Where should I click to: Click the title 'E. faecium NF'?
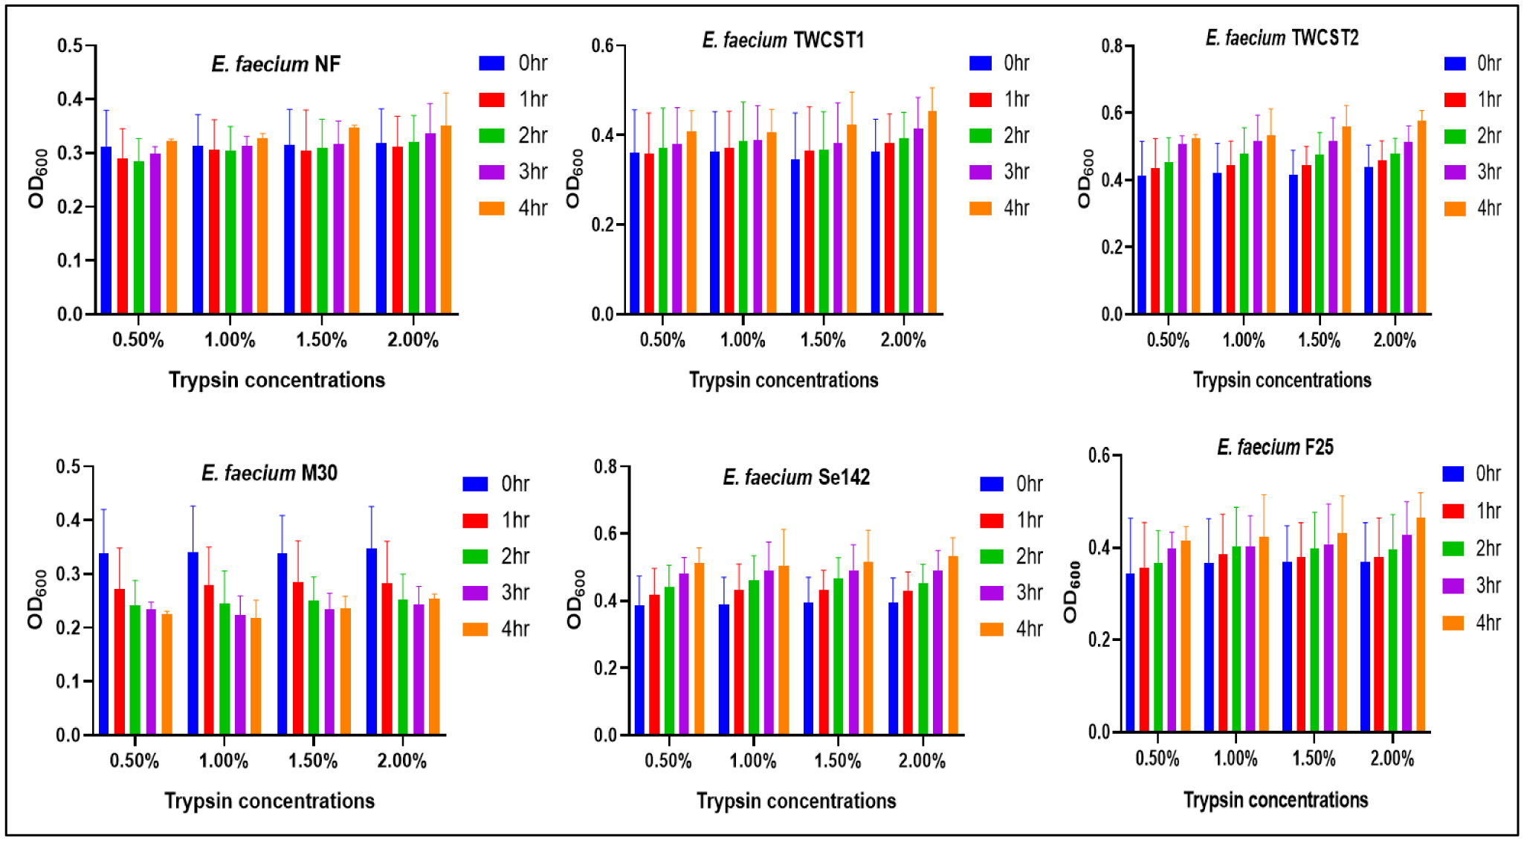pos(276,65)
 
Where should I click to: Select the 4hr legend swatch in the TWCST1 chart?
pos(981,208)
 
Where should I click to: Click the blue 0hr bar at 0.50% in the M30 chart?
pos(104,643)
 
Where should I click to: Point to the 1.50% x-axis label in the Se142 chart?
pos(838,761)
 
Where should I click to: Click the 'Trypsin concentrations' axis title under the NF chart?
pos(277,380)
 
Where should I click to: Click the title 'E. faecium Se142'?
pos(796,477)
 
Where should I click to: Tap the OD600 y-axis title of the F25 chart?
pos(1071,592)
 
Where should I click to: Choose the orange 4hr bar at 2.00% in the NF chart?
pos(446,220)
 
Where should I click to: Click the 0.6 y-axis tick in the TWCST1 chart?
pos(602,46)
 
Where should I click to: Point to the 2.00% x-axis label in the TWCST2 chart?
pos(1395,341)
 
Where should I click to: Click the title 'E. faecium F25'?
pos(1275,448)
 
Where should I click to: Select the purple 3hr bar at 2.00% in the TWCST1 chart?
pos(918,221)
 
